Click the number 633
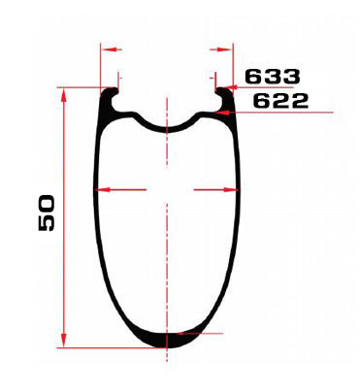click(273, 77)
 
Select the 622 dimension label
click(280, 101)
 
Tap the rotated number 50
click(47, 212)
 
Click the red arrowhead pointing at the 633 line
click(230, 87)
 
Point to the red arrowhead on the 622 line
click(223, 113)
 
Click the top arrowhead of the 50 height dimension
click(64, 95)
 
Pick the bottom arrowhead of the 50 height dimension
click(64, 341)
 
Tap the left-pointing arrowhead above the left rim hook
click(108, 49)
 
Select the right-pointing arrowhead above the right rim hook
click(225, 49)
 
